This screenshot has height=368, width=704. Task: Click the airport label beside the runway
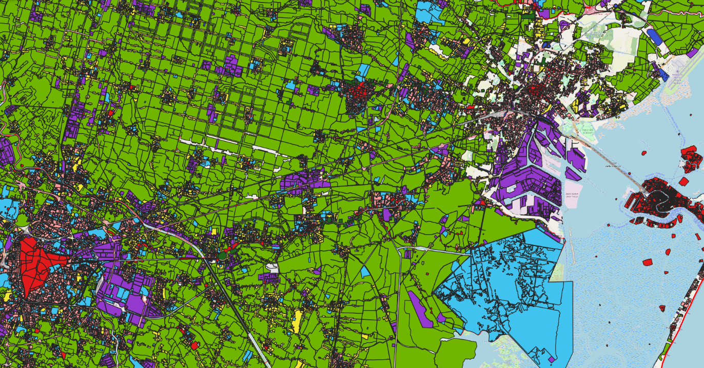677,77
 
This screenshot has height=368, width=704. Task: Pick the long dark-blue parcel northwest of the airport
654,36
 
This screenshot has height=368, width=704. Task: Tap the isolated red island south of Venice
647,262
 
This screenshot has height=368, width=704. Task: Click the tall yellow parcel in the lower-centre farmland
297,321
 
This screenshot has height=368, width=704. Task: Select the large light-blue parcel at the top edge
429,12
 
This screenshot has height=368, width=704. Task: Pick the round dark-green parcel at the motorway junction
222,255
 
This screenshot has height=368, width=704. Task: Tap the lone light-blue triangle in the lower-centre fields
365,272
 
